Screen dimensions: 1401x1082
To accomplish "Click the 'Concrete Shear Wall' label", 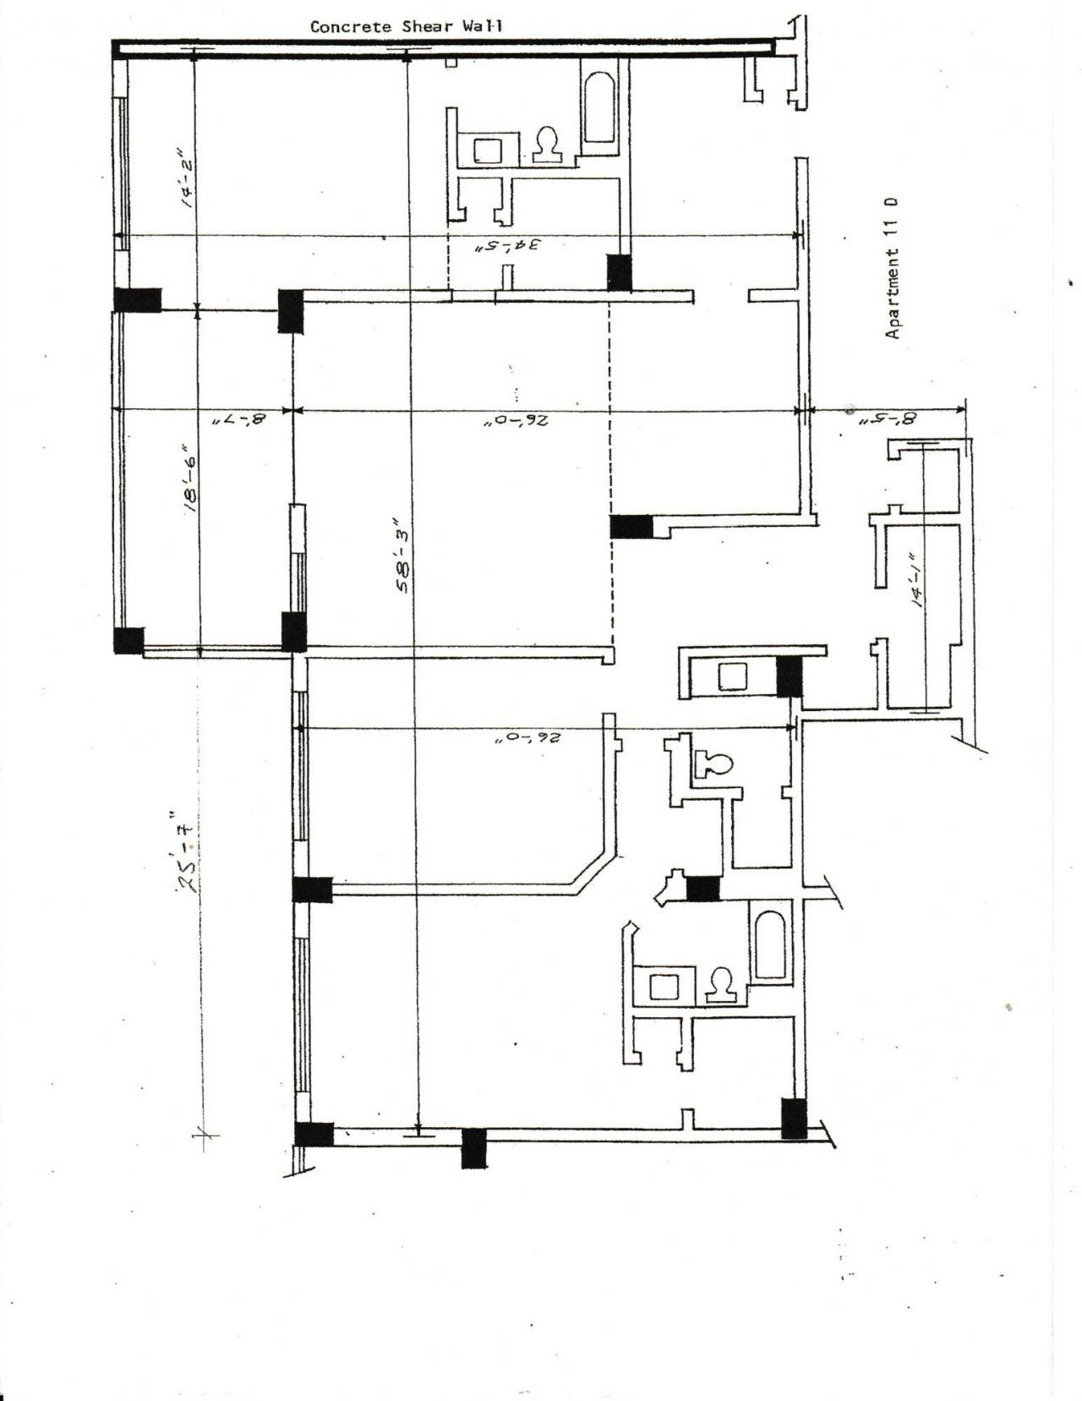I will tap(406, 26).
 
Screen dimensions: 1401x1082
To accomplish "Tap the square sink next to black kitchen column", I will tap(729, 676).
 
